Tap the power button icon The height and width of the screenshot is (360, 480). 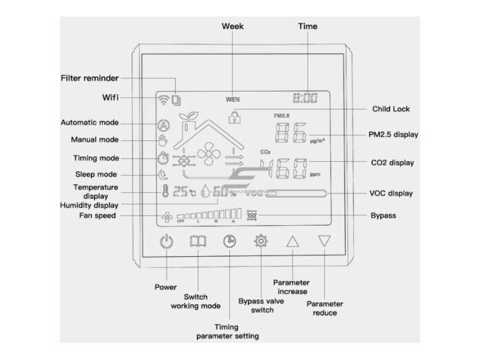coord(167,242)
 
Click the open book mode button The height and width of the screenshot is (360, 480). coord(198,242)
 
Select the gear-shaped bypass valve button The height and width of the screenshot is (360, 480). coord(261,242)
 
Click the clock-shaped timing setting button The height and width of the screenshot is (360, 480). coord(229,242)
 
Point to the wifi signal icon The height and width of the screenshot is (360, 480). coord(163,100)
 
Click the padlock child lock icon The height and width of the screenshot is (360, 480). coord(234,117)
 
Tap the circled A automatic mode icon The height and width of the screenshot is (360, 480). coord(164,125)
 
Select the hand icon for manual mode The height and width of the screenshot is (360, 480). coord(163,140)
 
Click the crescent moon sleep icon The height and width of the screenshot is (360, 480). coord(163,175)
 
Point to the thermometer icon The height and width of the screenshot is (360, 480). coord(165,191)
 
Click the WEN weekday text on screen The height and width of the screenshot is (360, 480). coord(233,99)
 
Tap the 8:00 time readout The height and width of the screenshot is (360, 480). coord(305,98)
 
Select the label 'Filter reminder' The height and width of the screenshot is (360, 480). coord(90,78)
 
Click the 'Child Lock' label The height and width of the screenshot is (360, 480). coord(391,109)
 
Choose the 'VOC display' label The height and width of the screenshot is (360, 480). coord(391,193)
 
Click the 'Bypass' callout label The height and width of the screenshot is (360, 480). coord(384,215)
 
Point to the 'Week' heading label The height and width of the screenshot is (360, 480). coord(233,26)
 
